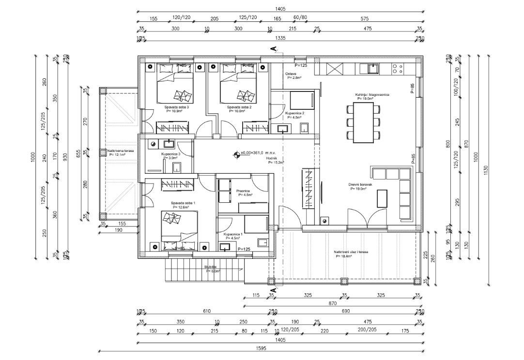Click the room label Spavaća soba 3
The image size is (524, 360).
pos(176,107)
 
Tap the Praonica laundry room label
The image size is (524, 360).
pos(243,191)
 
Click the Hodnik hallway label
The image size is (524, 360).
pos(272,158)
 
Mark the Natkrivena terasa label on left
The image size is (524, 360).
pos(121,150)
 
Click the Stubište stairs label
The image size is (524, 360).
pos(211,267)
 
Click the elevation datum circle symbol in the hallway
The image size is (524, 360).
pos(237,155)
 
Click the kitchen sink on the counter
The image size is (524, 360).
pos(372,69)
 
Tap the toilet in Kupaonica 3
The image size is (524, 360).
pos(176,167)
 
